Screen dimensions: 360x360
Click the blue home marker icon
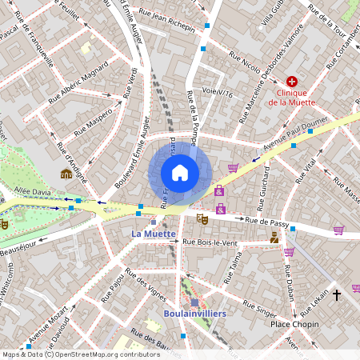click(x=180, y=173)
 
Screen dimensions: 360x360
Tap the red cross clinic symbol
click(x=292, y=82)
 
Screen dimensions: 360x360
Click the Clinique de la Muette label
click(x=292, y=97)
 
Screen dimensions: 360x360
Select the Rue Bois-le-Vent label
click(x=211, y=242)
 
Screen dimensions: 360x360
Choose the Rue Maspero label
click(x=94, y=122)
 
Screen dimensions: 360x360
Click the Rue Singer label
click(x=260, y=309)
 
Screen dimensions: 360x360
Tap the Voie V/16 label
click(x=217, y=93)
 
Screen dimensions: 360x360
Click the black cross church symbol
click(x=336, y=295)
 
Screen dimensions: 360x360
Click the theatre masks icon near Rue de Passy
click(x=202, y=218)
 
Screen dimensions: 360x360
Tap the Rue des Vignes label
click(x=145, y=286)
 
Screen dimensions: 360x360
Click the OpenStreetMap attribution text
click(x=70, y=354)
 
